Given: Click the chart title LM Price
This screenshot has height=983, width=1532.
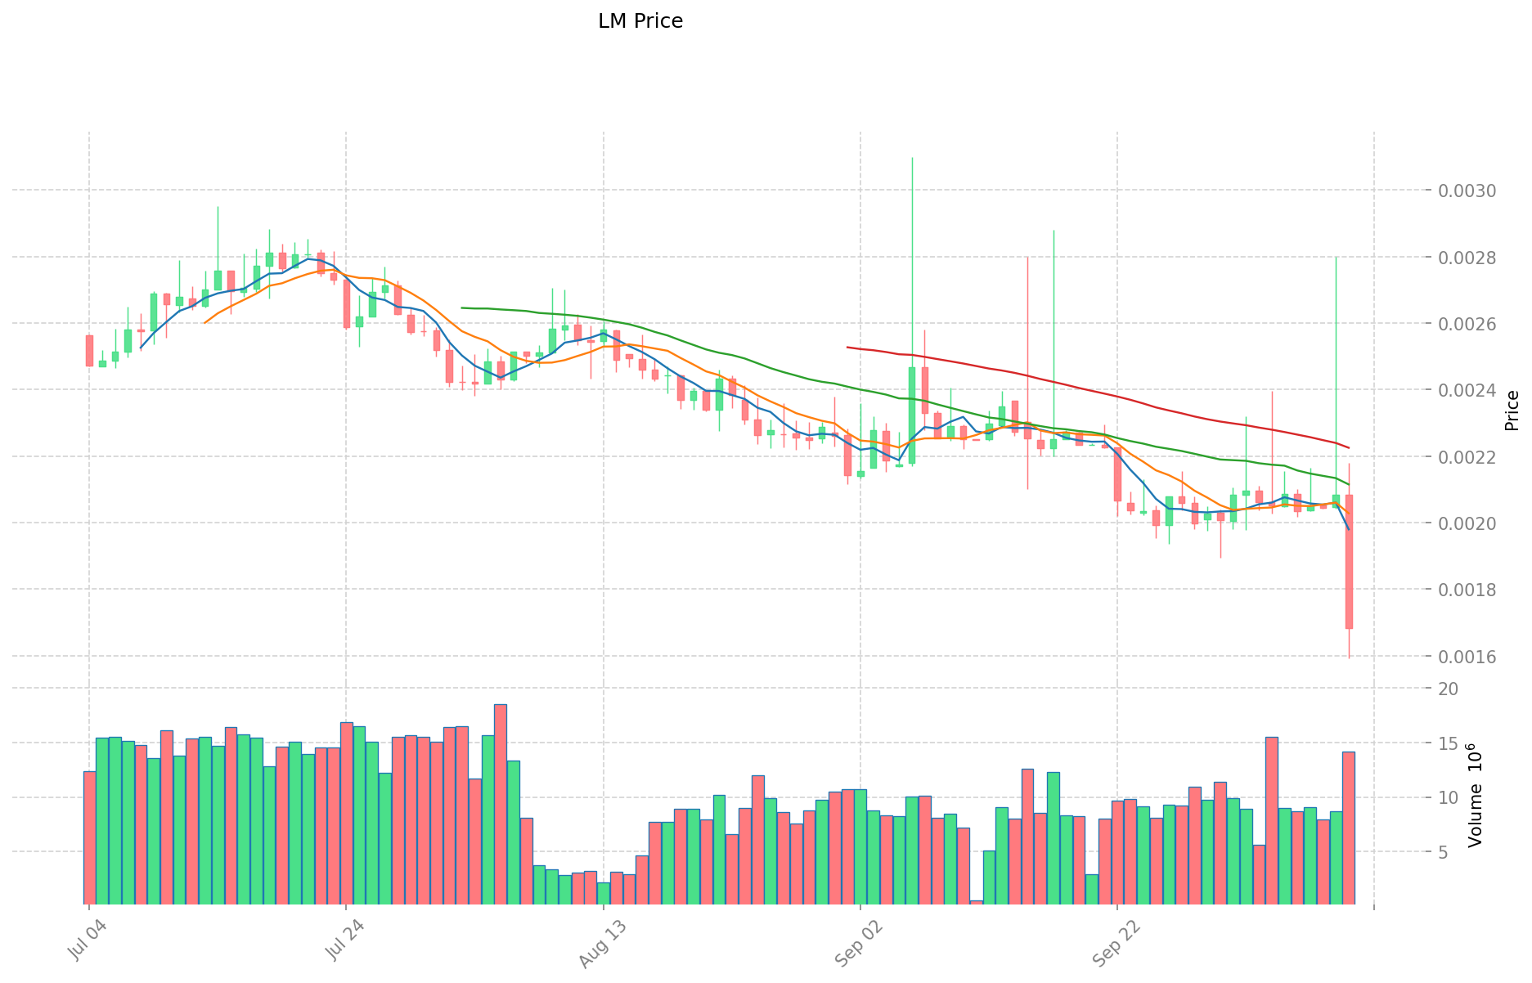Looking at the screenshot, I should [x=640, y=21].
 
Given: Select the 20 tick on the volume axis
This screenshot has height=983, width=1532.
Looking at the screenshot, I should [x=1448, y=689].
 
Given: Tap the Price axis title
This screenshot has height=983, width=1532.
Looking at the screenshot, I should [x=1512, y=411].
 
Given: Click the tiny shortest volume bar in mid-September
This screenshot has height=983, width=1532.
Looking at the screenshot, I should [x=976, y=903].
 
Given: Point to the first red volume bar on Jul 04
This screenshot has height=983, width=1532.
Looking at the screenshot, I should [x=89, y=838].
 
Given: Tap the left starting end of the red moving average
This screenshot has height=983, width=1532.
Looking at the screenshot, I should [x=847, y=348].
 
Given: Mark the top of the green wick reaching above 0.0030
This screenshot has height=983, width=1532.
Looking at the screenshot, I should [x=912, y=158].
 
